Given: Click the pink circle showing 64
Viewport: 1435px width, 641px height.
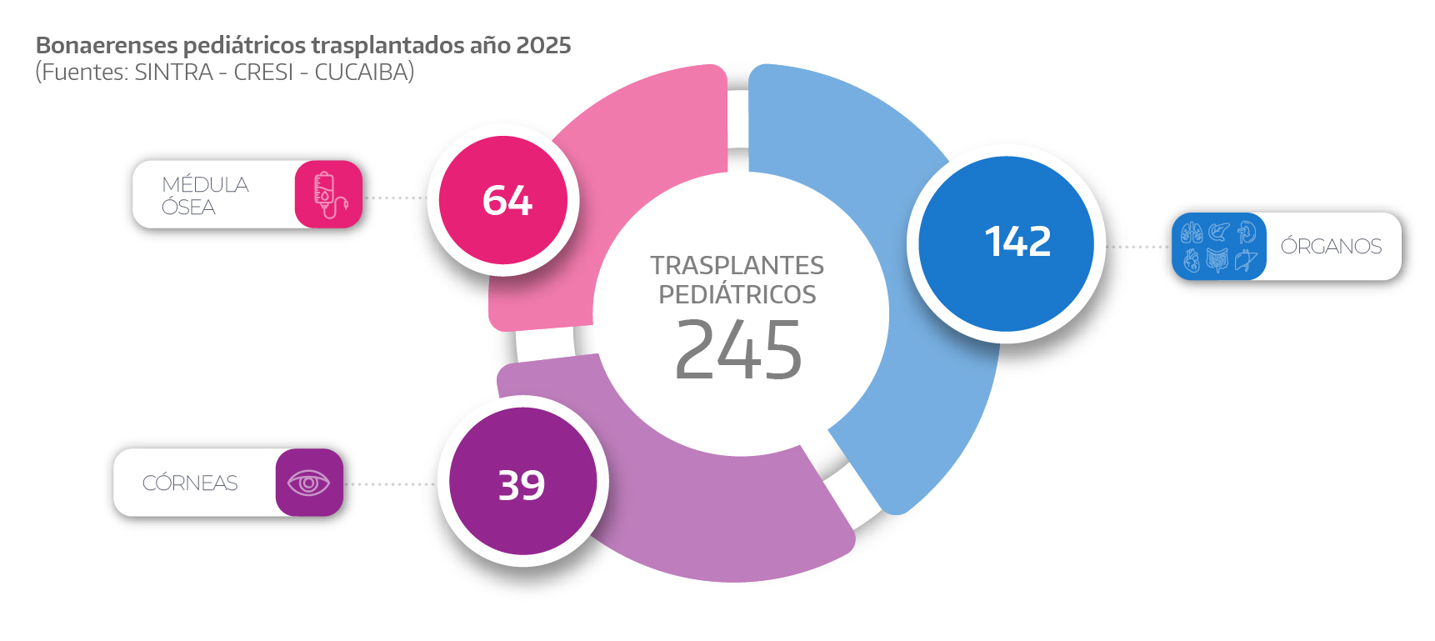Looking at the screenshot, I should coord(503,200).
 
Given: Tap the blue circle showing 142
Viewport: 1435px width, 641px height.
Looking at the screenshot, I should coord(1006,243).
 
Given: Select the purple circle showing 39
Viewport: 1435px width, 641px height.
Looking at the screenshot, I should coord(522,482).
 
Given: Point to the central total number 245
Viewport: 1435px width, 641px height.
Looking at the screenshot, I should coord(738,351).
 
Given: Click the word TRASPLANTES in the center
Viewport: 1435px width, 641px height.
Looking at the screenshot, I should coord(737,265).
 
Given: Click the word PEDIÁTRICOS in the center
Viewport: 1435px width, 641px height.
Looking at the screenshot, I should coord(737,294).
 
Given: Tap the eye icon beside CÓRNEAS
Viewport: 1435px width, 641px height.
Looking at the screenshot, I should coord(308,483).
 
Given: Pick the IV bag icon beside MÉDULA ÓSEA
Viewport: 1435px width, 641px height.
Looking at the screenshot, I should coord(328,195).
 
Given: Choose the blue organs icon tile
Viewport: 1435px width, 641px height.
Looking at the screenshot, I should coord(1217,247).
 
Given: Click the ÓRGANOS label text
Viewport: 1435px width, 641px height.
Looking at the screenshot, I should coord(1331,247).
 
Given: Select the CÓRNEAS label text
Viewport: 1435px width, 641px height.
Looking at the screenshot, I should coord(190,483).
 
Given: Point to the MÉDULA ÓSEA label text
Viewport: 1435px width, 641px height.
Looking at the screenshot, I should coord(205,196).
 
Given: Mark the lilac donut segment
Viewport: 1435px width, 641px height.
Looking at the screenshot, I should coord(708,517).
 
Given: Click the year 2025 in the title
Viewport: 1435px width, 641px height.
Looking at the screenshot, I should coord(543,45).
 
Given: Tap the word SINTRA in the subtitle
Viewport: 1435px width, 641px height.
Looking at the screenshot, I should coord(173,73).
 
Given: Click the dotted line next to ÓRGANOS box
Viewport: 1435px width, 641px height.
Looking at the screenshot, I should coord(1138,247).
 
